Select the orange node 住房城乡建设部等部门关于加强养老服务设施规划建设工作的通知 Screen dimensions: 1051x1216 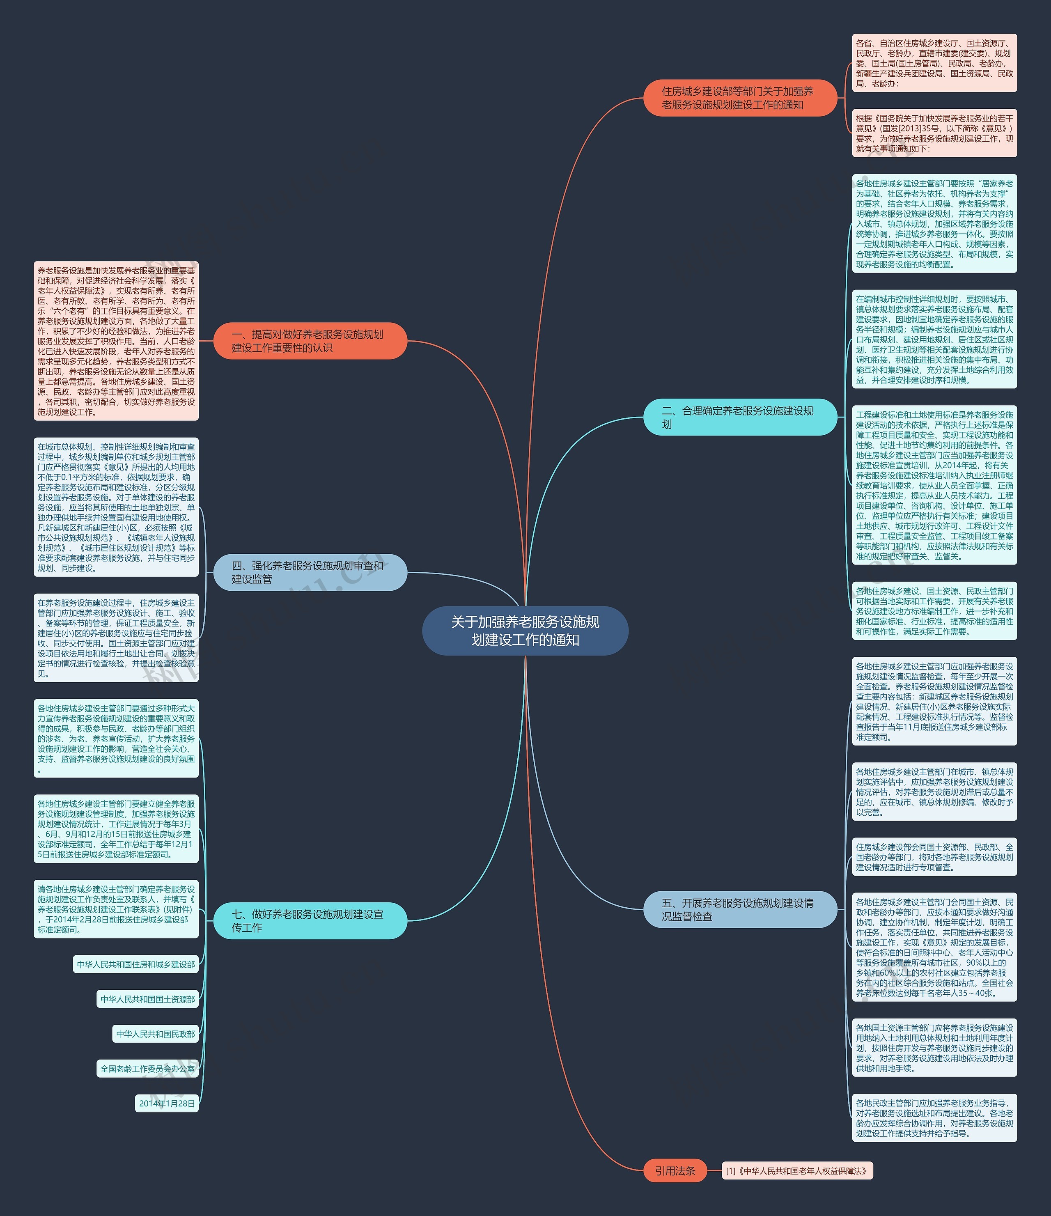[x=739, y=98]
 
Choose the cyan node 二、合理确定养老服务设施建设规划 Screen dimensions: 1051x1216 [x=739, y=417]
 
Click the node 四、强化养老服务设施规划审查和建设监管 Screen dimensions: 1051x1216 [x=310, y=572]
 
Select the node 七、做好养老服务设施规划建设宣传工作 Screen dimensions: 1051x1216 [x=310, y=920]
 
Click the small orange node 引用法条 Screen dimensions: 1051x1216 [x=675, y=1171]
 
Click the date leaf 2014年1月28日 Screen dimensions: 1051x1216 [x=167, y=1104]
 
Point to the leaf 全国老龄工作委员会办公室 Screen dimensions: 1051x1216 [x=147, y=1069]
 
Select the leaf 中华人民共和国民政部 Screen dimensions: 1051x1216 [x=156, y=1034]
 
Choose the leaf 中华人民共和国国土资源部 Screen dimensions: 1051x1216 [x=147, y=999]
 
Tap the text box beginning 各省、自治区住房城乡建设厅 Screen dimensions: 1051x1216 [x=934, y=63]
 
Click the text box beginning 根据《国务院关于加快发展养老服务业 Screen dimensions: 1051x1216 [x=934, y=133]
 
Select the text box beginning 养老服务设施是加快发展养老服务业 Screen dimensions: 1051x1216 [x=116, y=341]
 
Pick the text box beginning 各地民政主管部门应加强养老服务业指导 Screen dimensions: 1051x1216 [x=934, y=1118]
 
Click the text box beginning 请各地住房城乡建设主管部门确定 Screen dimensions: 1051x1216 [x=116, y=909]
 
